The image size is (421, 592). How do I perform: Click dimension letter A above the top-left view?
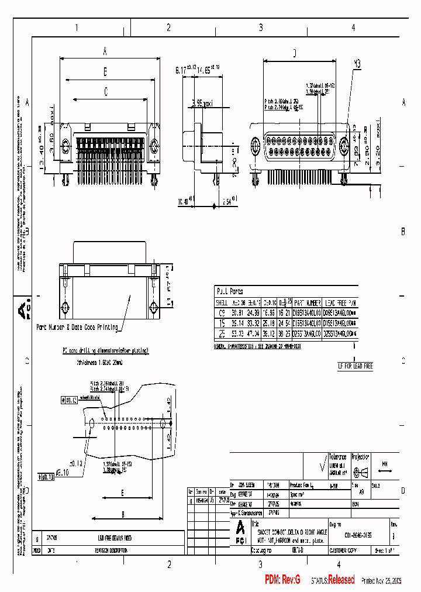pos(105,52)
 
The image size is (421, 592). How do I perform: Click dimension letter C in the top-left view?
pos(106,91)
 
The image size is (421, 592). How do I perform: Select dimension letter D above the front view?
pos(295,54)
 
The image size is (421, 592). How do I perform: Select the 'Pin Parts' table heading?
pos(230,291)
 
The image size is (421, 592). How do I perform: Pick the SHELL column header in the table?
pos(222,302)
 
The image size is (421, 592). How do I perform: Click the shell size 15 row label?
pos(222,322)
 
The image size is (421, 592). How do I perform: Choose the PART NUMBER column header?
pos(306,302)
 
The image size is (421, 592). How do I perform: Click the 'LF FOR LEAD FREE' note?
pos(355,366)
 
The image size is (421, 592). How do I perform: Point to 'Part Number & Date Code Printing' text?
pos(77,327)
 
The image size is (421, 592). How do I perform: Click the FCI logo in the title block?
pos(240,529)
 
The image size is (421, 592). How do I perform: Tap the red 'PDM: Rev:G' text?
pos(282,580)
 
